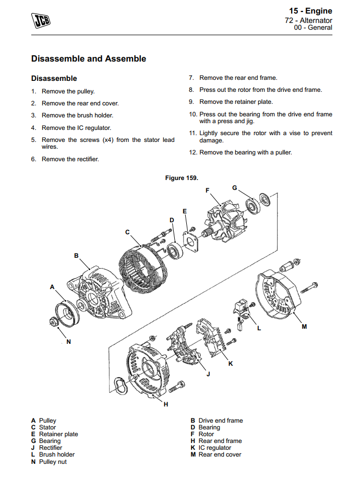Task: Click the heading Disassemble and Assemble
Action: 88,59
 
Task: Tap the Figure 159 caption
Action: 181,178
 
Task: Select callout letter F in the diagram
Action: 207,190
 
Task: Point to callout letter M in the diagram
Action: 304,327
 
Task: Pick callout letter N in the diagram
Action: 68,342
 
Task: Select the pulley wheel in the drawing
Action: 67,315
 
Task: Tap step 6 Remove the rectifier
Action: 70,159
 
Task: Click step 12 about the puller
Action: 245,152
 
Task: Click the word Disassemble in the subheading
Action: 54,78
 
